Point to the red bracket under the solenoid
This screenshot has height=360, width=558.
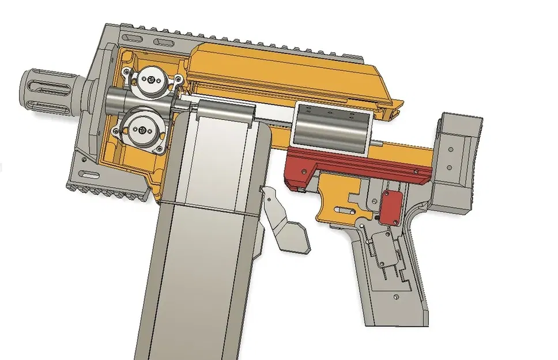click(x=352, y=167)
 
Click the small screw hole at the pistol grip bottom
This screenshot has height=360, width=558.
click(x=397, y=297)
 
